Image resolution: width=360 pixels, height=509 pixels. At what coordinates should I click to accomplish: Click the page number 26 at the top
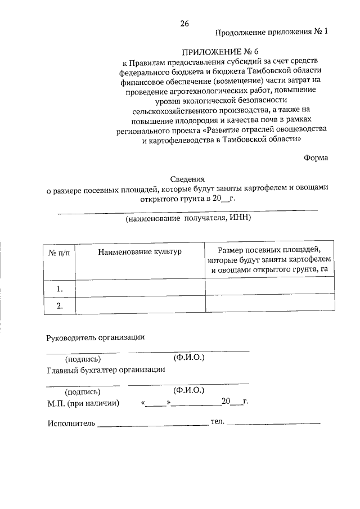(184, 23)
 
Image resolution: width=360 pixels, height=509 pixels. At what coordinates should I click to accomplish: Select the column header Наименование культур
(140, 251)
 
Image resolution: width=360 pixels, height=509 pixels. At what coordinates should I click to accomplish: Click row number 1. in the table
(59, 289)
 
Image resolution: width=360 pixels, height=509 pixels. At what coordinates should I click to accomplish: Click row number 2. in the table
(59, 305)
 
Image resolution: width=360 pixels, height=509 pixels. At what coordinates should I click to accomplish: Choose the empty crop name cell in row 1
(140, 289)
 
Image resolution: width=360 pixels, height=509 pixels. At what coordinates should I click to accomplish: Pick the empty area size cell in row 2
(271, 305)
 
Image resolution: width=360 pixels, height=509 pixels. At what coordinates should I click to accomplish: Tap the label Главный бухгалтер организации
(106, 370)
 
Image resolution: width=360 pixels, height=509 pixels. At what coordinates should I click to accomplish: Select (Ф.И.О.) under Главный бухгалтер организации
(189, 389)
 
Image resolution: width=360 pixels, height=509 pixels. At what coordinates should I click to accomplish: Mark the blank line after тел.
(273, 423)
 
